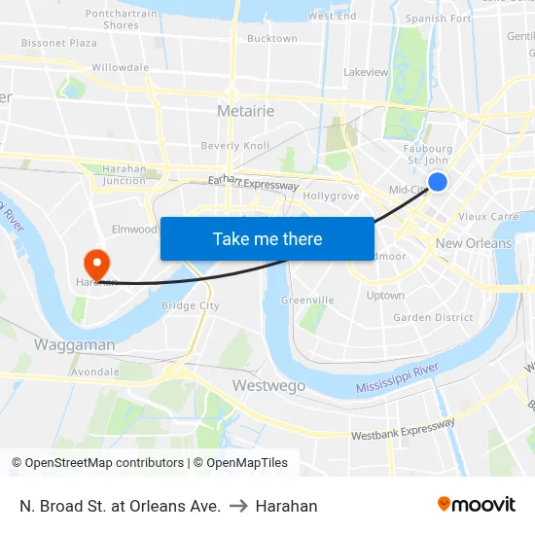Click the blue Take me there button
267,238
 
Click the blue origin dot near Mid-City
438,181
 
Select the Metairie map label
245,111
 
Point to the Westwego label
268,386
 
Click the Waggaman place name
75,344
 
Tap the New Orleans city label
474,243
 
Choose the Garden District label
433,317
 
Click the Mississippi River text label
398,379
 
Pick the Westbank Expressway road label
403,429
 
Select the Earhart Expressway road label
253,183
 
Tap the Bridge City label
190,305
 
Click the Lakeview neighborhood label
366,72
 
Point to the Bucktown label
272,39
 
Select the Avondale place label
95,372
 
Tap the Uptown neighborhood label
385,295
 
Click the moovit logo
477,504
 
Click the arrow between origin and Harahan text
237,506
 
